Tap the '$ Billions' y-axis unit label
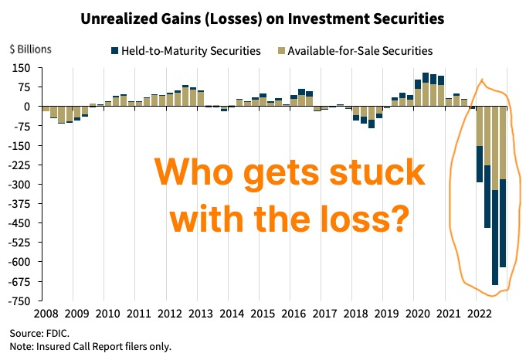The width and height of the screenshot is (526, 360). [30, 49]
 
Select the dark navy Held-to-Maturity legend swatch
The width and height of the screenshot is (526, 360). [115, 51]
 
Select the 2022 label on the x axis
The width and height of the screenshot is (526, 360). [481, 315]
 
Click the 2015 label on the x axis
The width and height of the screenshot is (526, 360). [262, 315]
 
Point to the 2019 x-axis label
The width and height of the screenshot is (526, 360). [387, 315]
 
